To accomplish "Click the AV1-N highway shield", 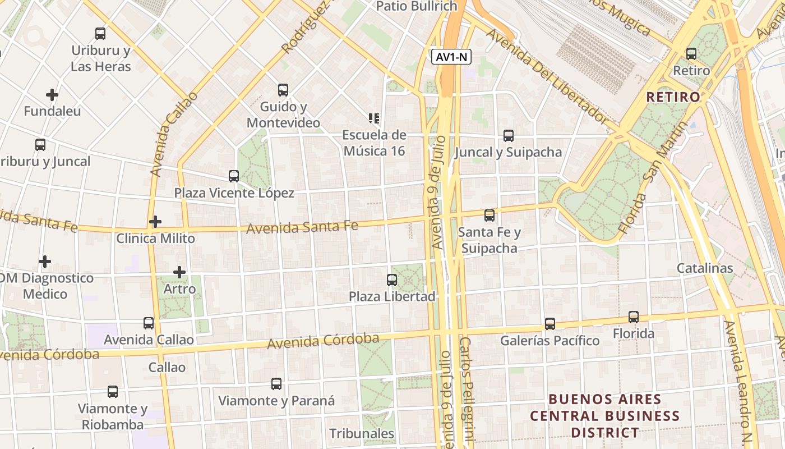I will pos(451,57).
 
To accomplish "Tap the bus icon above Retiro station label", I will pos(691,54).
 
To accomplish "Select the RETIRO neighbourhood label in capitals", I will pos(673,97).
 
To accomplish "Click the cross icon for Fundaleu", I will pos(52,95).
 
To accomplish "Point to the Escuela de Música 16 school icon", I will pos(374,118).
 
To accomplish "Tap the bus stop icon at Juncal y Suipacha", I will pos(509,136).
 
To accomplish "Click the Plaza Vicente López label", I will pos(234,193).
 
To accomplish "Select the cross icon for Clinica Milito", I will pos(155,222).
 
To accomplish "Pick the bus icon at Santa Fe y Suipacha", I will pos(490,216).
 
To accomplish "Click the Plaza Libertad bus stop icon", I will pos(392,280).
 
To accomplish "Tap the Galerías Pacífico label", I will pos(549,341).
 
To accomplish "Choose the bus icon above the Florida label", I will pos(634,317).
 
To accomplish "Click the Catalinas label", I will pos(705,268).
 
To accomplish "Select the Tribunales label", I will pos(362,434).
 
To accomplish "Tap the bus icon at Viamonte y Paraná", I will pos(276,384).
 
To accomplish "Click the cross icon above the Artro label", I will pos(179,272).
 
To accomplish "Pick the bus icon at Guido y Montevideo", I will pos(283,90).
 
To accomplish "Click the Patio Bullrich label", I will pos(417,6).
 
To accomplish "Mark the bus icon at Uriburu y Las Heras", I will pos(100,34).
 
